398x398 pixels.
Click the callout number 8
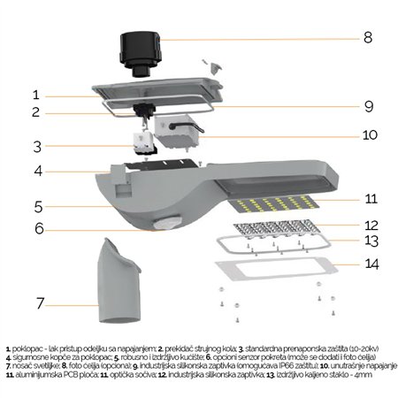click(x=367, y=39)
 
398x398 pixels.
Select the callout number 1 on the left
click(x=35, y=95)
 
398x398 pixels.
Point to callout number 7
click(x=40, y=302)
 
